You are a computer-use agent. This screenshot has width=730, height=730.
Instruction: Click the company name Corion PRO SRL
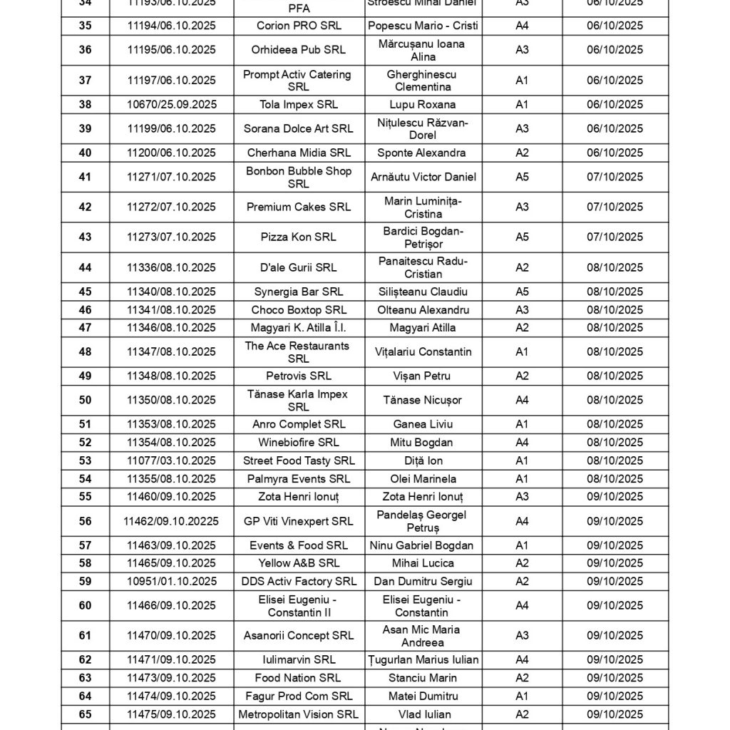coord(299,26)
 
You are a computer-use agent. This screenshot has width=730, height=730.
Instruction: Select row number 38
coord(85,105)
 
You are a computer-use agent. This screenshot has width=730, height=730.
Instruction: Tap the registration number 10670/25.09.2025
coord(171,105)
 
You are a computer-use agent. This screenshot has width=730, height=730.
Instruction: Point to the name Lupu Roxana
coord(423,105)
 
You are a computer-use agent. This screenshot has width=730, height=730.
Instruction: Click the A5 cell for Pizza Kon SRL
coord(522,237)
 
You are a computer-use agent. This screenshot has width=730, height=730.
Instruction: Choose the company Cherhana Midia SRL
coord(299,153)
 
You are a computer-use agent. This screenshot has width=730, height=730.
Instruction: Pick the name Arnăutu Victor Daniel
coord(423,177)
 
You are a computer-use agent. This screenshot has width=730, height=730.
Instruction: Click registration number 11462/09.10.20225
coord(171,521)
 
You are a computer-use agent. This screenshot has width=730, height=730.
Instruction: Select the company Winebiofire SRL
coord(299,443)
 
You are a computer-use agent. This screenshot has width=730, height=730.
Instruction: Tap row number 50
coord(85,400)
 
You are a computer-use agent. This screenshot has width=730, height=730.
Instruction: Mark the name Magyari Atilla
coord(423,328)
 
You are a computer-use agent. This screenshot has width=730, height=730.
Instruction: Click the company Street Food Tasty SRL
coord(299,461)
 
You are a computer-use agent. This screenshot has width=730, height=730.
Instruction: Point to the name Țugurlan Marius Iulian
coord(423,660)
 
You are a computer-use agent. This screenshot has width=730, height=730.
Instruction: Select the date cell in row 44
coord(615,268)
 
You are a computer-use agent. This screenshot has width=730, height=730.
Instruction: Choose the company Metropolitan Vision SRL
coord(299,714)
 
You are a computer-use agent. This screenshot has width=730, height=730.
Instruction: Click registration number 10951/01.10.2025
coord(171,582)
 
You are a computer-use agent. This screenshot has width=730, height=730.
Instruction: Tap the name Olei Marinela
coord(423,479)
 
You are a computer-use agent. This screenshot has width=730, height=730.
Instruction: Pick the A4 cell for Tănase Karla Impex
coord(522,400)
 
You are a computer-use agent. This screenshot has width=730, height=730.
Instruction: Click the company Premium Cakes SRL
coord(299,207)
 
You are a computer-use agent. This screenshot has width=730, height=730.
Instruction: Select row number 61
coord(85,636)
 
